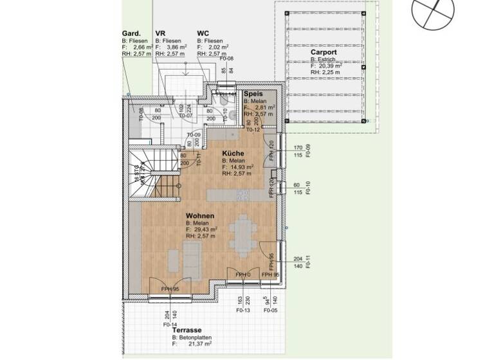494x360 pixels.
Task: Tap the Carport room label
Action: click(x=324, y=52)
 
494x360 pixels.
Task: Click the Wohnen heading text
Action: click(x=200, y=216)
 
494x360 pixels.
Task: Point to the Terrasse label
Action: click(x=186, y=330)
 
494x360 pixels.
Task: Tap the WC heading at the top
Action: click(x=203, y=33)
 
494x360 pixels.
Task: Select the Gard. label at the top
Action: click(x=131, y=33)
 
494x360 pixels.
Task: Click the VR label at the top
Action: click(x=160, y=33)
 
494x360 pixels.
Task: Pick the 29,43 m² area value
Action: click(x=205, y=230)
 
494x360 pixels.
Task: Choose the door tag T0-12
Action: click(x=253, y=129)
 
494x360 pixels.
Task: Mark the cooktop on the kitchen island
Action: click(x=242, y=194)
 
